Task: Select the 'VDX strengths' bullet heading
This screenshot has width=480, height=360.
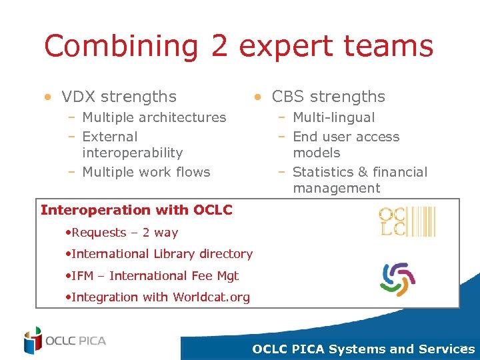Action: click(x=119, y=97)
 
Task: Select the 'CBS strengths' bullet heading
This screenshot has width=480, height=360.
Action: click(x=328, y=97)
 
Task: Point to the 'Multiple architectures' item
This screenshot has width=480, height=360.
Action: click(x=153, y=117)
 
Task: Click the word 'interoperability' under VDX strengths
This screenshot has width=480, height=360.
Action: click(x=132, y=153)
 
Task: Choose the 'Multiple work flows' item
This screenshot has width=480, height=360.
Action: click(x=145, y=172)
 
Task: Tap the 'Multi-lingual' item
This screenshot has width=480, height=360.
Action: click(x=333, y=117)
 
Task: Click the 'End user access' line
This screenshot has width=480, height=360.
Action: click(x=345, y=137)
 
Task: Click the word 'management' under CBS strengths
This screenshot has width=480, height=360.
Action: click(x=336, y=188)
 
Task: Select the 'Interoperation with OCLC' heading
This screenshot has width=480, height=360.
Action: click(x=136, y=210)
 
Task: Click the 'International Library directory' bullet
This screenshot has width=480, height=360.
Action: click(x=161, y=254)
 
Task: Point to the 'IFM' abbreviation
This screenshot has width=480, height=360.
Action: click(x=83, y=275)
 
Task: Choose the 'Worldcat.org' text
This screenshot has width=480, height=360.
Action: click(x=211, y=297)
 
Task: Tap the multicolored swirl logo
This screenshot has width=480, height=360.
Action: click(x=397, y=279)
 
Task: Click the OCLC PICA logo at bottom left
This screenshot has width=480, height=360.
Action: click(x=65, y=340)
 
